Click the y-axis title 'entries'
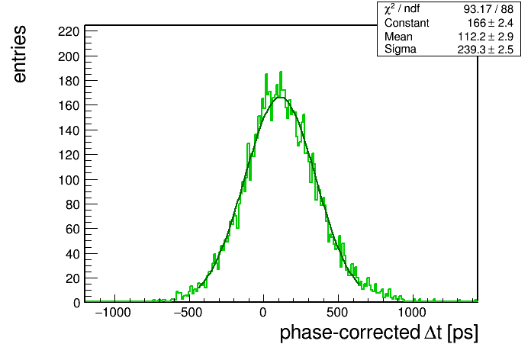[20, 54]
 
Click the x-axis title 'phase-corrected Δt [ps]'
[379, 333]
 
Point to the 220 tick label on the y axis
[69, 32]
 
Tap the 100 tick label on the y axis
[69, 180]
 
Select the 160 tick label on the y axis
[69, 106]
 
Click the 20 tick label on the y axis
[72, 278]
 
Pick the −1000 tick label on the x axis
[113, 312]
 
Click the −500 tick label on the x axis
[188, 312]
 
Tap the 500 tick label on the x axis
[337, 312]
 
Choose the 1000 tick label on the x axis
[412, 312]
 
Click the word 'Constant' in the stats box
[407, 23]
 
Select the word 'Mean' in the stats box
[398, 37]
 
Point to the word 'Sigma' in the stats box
[401, 50]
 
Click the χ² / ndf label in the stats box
[402, 9]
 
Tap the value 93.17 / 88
[488, 9]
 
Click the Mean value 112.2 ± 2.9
[486, 37]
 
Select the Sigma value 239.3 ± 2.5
[486, 50]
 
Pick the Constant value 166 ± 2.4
[491, 23]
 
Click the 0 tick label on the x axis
[263, 312]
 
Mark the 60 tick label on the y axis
[72, 230]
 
